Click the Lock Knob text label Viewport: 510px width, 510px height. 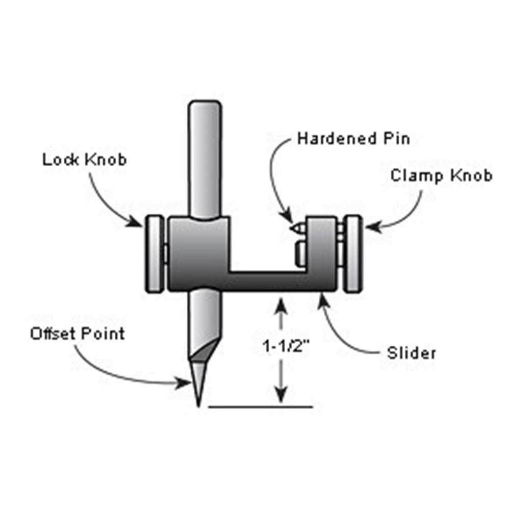tap(84, 160)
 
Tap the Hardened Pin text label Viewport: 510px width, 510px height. tap(353, 139)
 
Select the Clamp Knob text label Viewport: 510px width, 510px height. tap(441, 175)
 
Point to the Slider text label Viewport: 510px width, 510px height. tap(411, 353)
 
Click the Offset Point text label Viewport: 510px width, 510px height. tap(78, 334)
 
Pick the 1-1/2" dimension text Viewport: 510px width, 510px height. tap(285, 346)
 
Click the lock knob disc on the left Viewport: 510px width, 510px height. tap(154, 253)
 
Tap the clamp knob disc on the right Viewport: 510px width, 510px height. tap(353, 253)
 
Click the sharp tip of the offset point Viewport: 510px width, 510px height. tap(198, 406)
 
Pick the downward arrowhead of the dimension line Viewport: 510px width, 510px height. tap(282, 395)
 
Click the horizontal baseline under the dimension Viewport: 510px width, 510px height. tap(260, 406)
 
